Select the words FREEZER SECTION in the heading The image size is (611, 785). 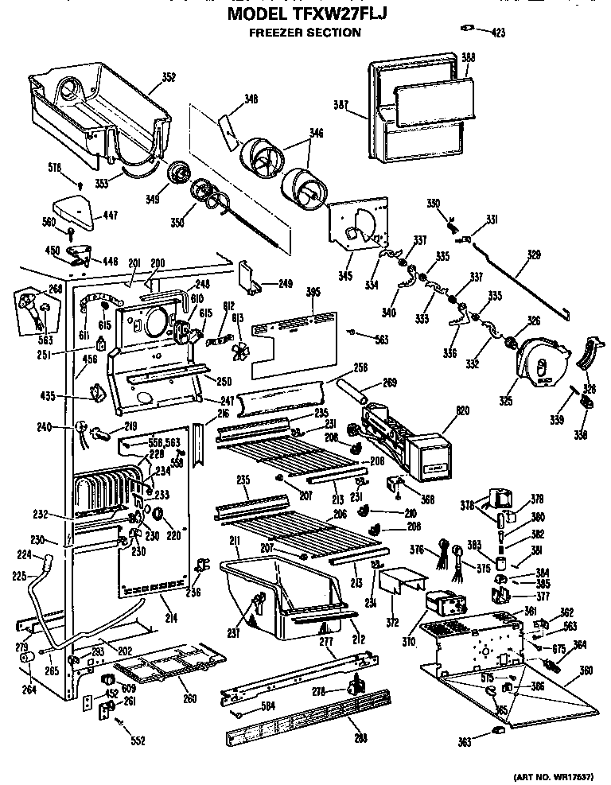point(305,33)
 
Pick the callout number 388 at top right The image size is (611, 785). point(469,56)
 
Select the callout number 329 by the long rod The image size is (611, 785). point(533,255)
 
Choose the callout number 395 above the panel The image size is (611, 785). point(313,293)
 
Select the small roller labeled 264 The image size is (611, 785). point(26,662)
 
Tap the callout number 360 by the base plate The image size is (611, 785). point(586,670)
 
